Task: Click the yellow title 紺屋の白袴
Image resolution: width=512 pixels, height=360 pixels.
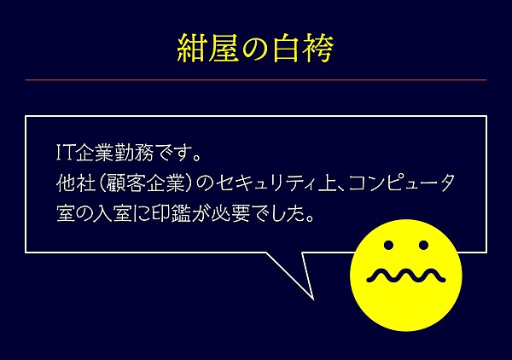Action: pyautogui.click(x=255, y=49)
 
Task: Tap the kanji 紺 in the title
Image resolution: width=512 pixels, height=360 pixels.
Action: pyautogui.click(x=191, y=49)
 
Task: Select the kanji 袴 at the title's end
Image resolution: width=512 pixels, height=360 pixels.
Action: pyautogui.click(x=318, y=49)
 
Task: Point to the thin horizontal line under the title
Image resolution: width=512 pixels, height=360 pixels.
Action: pyautogui.click(x=256, y=79)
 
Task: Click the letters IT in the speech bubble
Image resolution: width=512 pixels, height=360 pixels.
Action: pyautogui.click(x=66, y=152)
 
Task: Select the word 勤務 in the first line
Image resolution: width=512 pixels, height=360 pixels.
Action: pyautogui.click(x=134, y=152)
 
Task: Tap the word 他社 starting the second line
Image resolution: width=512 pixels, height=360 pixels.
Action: pyautogui.click(x=75, y=183)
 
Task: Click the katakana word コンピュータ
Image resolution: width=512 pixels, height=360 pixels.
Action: pyautogui.click(x=401, y=183)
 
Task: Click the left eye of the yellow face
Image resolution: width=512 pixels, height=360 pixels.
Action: pyautogui.click(x=388, y=245)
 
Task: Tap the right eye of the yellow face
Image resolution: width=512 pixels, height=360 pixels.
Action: pyautogui.click(x=423, y=245)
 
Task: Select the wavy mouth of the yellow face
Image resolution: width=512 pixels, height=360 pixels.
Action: pyautogui.click(x=406, y=276)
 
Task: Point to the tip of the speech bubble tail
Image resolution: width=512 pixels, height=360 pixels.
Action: pyautogui.click(x=313, y=299)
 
